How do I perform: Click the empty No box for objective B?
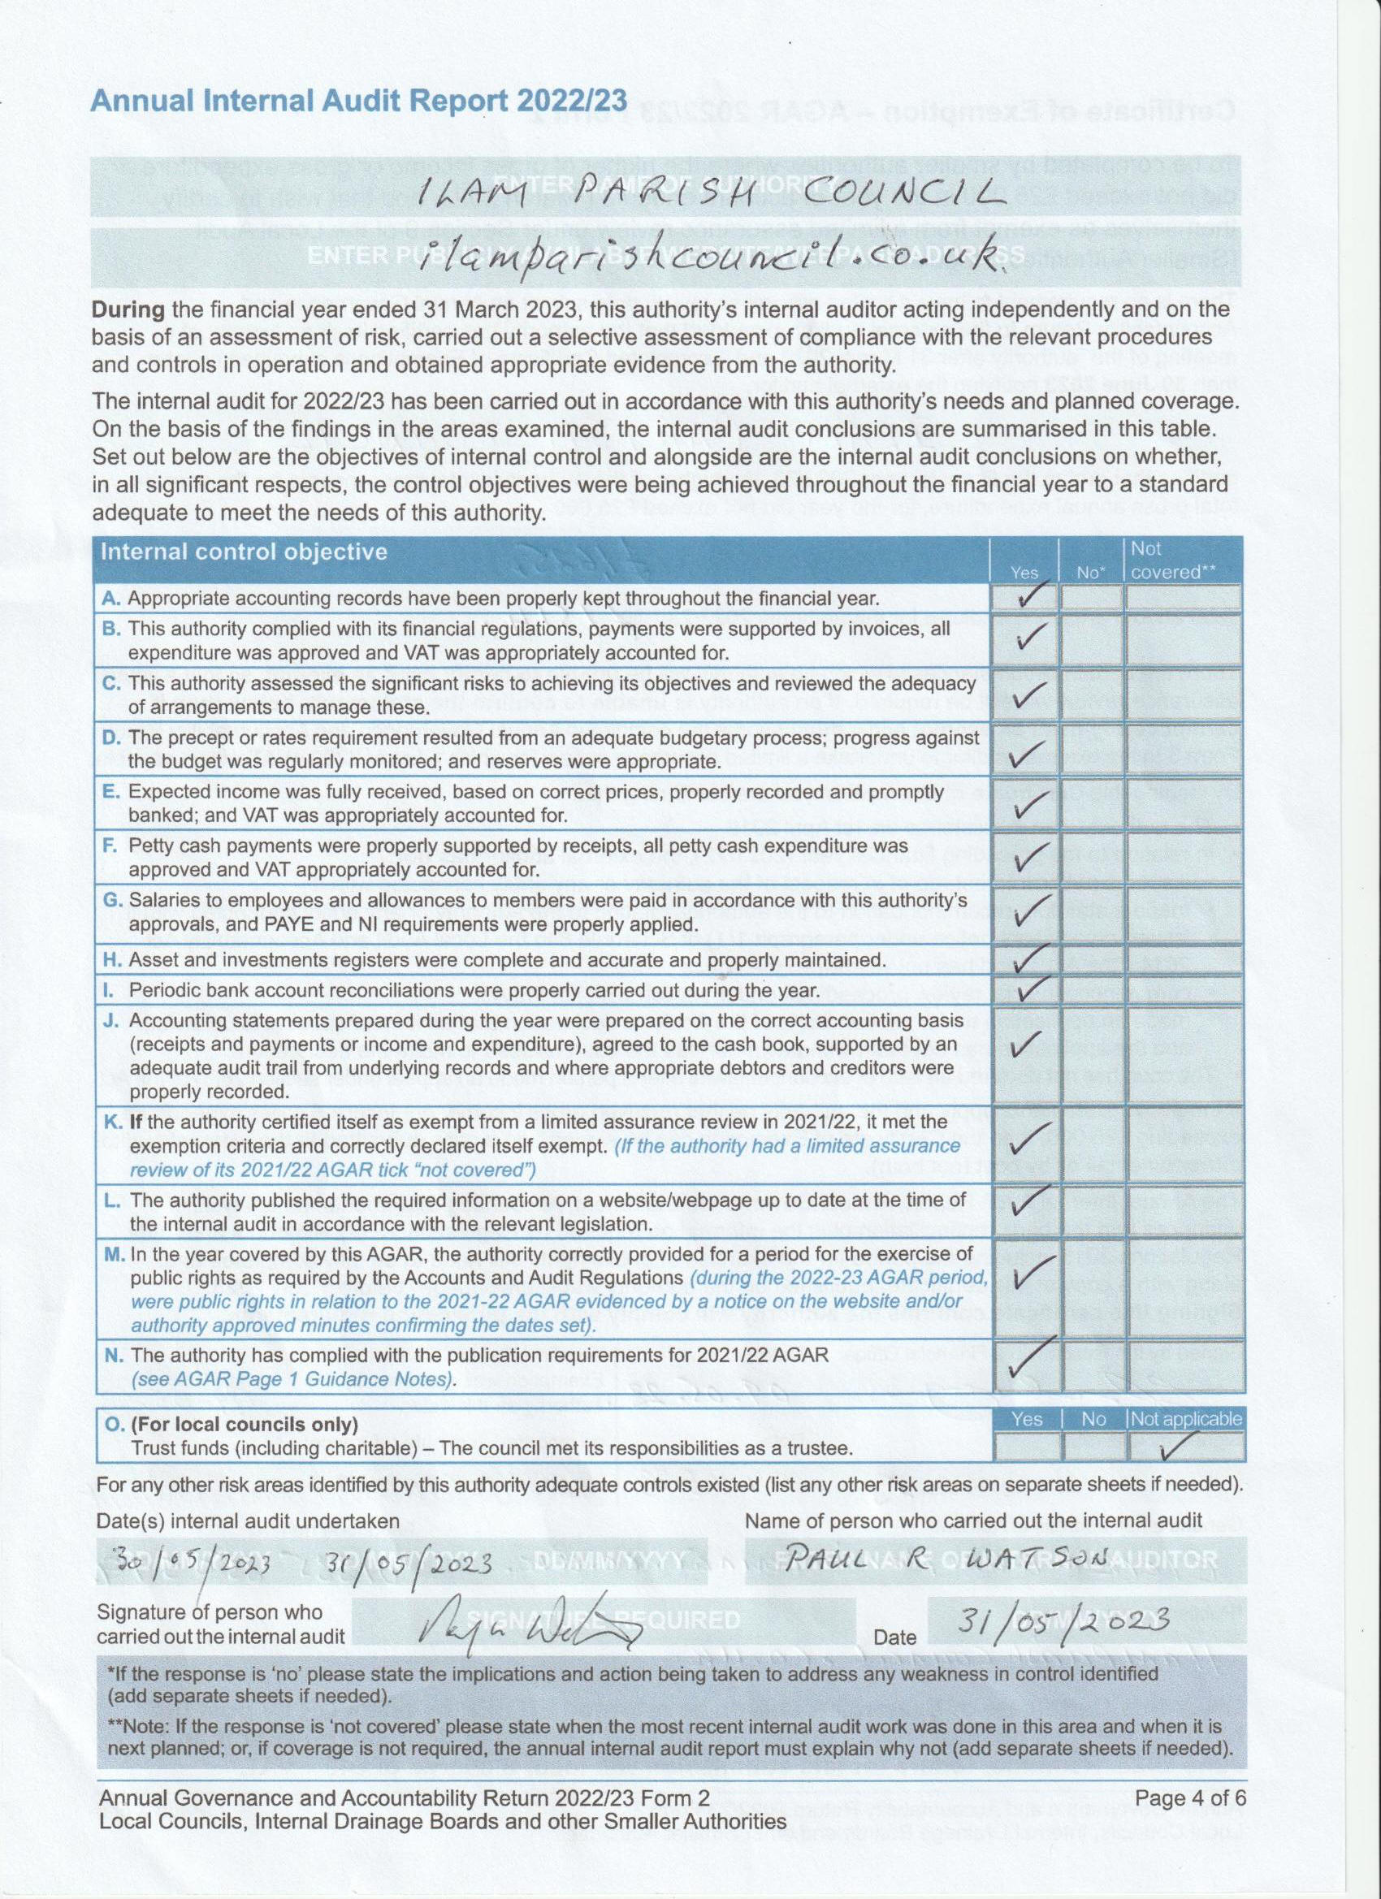click(1090, 641)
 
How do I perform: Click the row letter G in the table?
click(111, 901)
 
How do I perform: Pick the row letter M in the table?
click(115, 1254)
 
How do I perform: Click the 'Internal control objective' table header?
click(244, 552)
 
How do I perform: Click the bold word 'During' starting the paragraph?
click(128, 309)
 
